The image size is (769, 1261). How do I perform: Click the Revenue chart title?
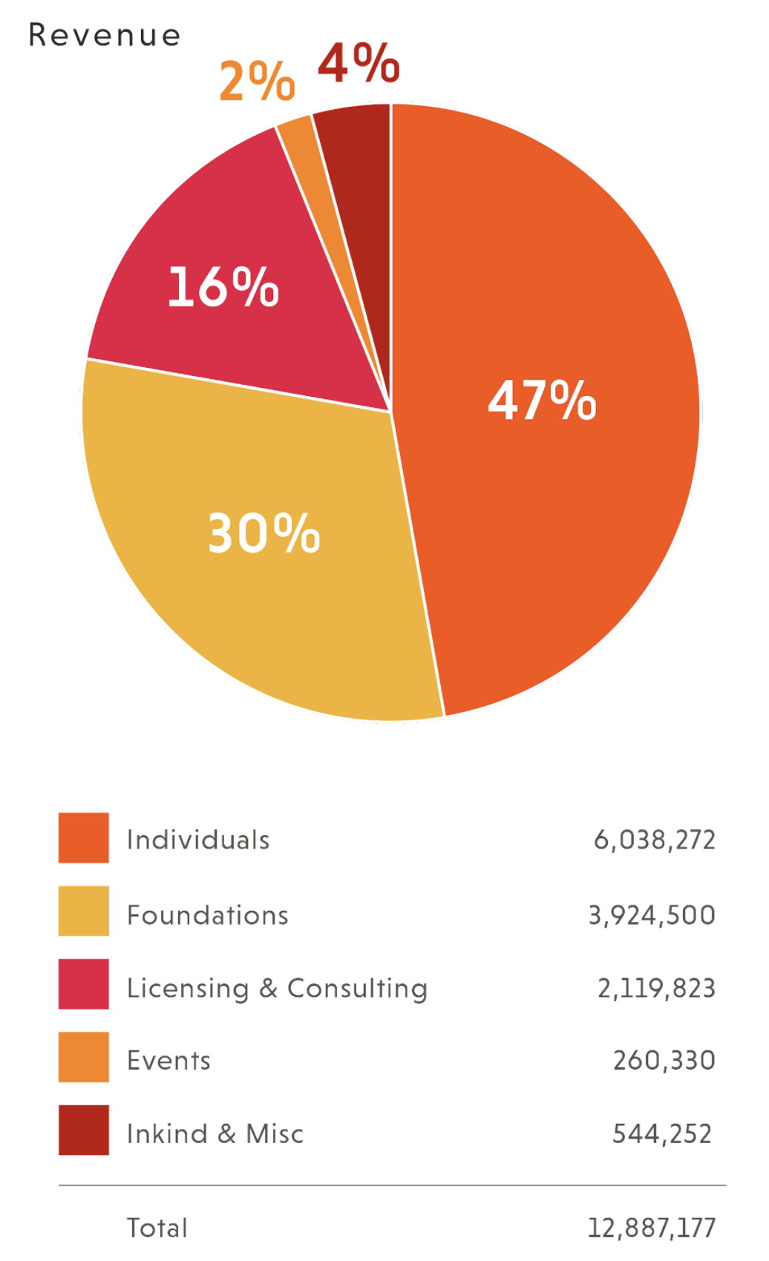(x=105, y=36)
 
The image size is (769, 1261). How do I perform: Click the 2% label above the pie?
(x=257, y=81)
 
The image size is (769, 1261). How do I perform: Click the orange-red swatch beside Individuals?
(x=84, y=838)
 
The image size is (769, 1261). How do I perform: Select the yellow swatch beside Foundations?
(x=84, y=911)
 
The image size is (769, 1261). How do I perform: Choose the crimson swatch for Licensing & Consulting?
(x=84, y=984)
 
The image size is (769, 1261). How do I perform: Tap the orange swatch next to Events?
(x=84, y=1057)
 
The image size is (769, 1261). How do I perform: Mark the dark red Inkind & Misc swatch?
(x=84, y=1130)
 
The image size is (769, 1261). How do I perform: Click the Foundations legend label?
(x=208, y=915)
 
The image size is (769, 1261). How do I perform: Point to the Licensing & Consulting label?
(x=277, y=989)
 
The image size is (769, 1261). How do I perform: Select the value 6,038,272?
(x=655, y=840)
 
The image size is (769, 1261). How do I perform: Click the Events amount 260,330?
(x=664, y=1061)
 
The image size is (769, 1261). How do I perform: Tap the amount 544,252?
(x=661, y=1134)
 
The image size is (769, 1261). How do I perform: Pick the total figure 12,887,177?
(x=652, y=1228)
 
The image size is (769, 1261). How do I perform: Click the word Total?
(x=157, y=1228)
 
